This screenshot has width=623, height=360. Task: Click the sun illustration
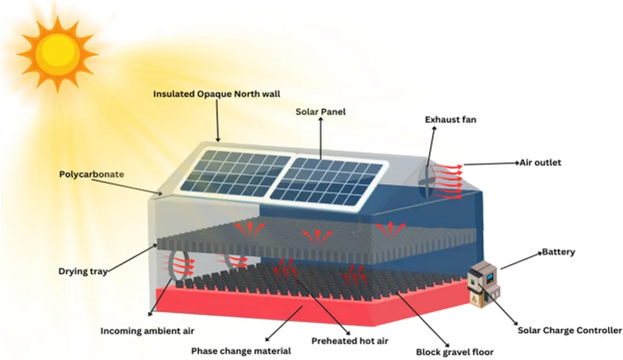click(58, 54)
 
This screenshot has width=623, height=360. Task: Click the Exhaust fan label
click(450, 120)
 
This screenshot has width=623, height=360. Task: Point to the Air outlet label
click(540, 163)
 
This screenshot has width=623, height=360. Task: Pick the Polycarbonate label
click(91, 175)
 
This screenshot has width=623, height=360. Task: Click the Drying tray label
click(82, 272)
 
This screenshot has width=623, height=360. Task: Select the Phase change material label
click(241, 351)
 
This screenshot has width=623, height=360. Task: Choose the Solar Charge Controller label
click(569, 330)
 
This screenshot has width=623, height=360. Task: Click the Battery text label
click(558, 252)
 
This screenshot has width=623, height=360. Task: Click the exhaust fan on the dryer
click(428, 173)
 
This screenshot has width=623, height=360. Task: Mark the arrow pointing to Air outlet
click(490, 164)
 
